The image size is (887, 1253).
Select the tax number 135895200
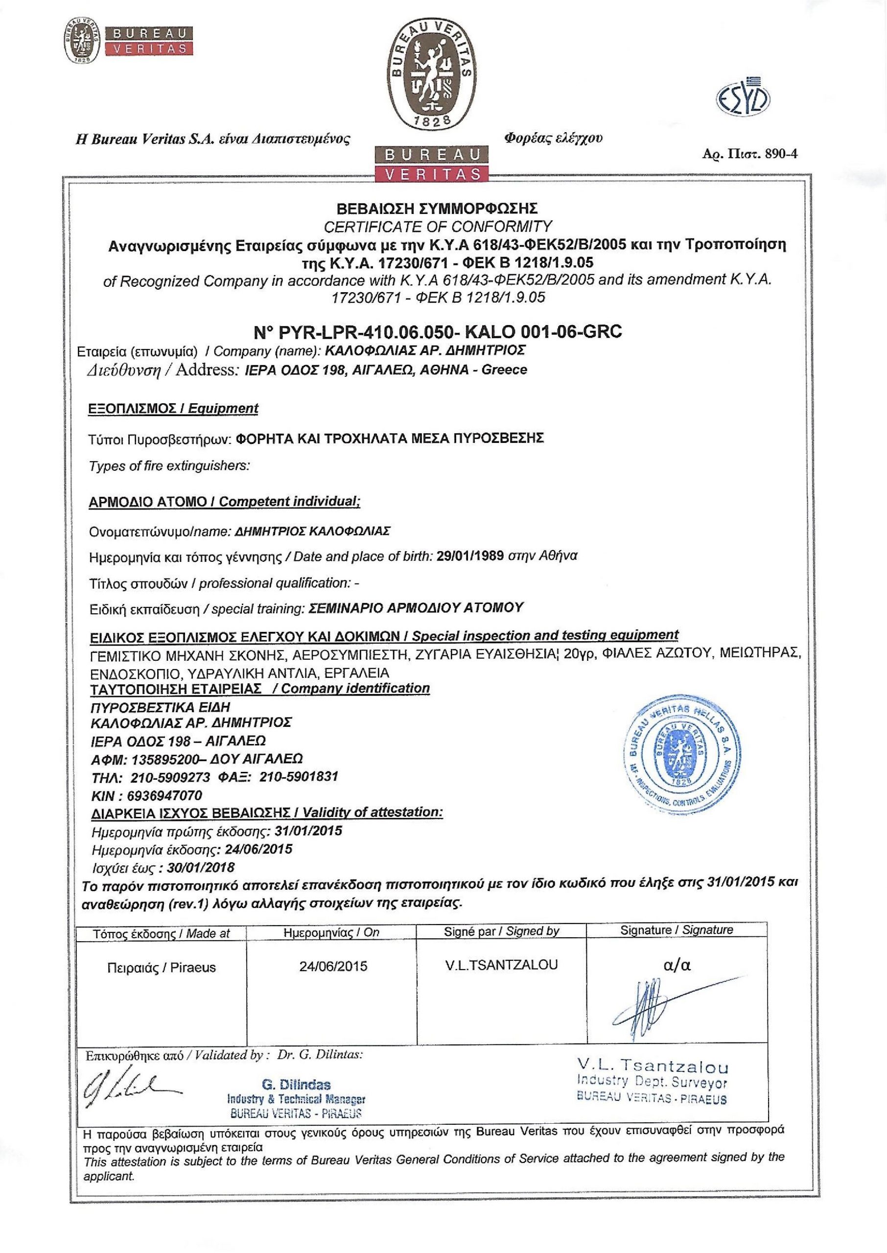coord(165,759)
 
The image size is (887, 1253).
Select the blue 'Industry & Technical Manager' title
coord(296,1099)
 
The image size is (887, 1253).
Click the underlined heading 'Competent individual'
coord(289,502)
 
